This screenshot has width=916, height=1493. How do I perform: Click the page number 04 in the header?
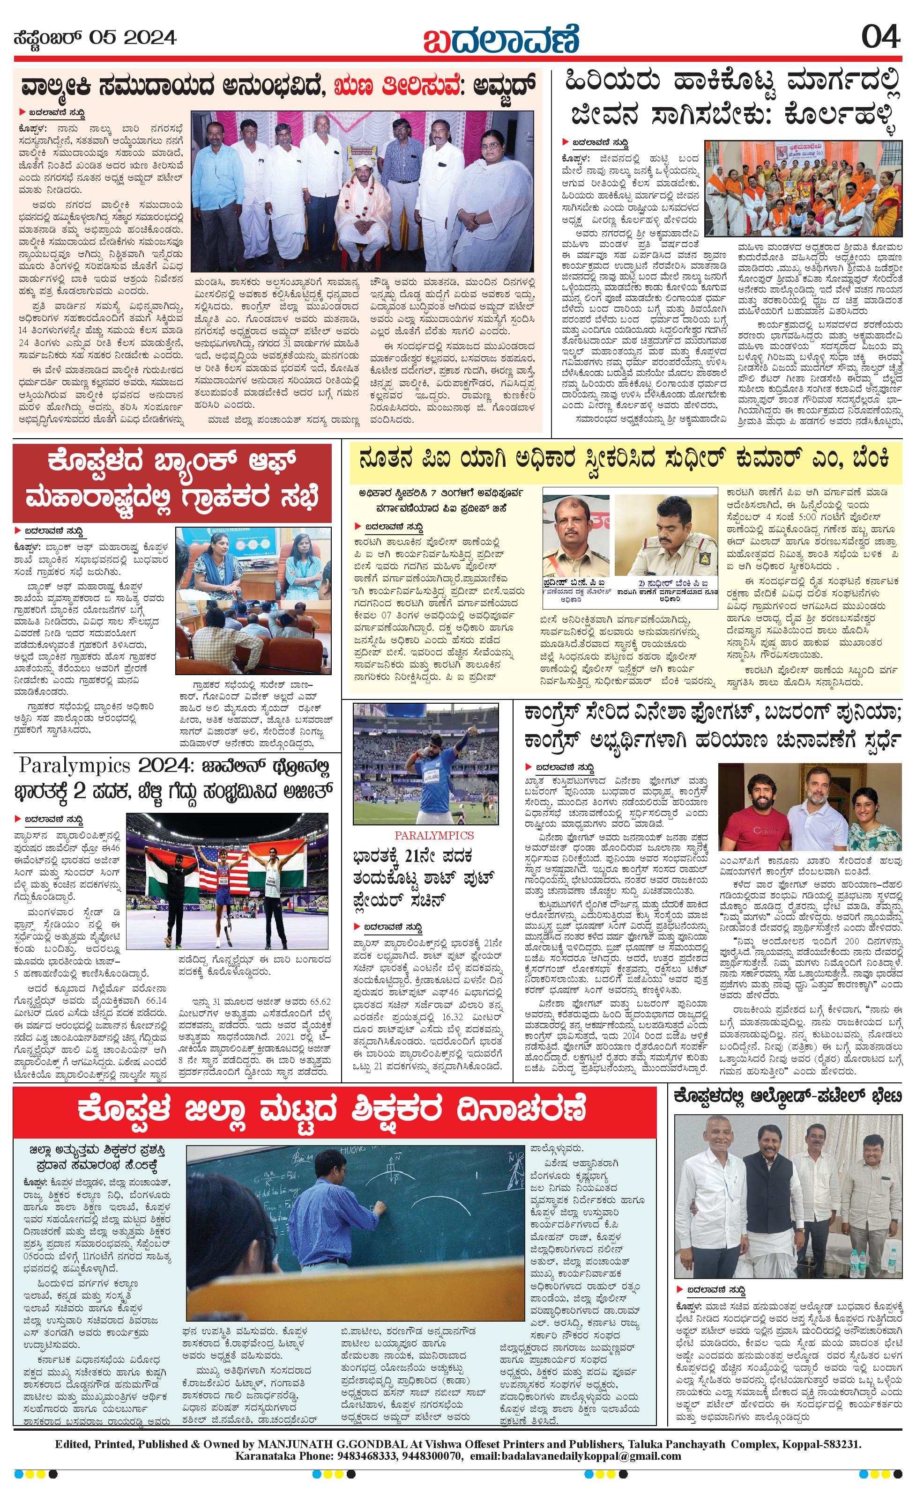(x=880, y=37)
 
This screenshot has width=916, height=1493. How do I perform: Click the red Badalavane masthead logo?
(x=501, y=39)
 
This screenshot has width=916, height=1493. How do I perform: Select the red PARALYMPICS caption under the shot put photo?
(x=425, y=835)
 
